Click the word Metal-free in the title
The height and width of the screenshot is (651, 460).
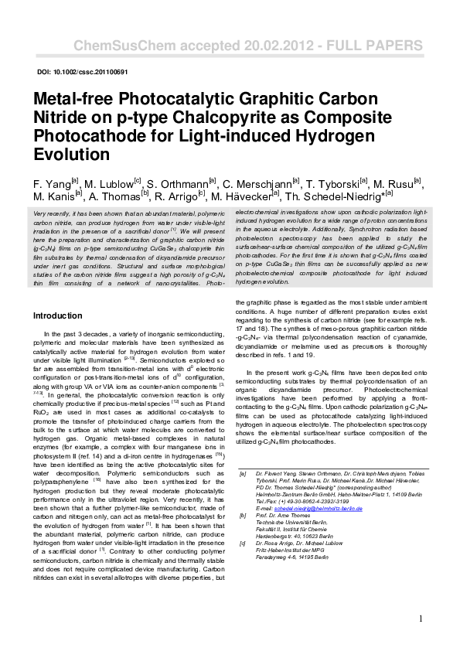pyautogui.click(x=74, y=101)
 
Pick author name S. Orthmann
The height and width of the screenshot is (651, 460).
pyautogui.click(x=180, y=186)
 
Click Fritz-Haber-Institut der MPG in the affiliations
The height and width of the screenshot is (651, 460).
pyautogui.click(x=291, y=550)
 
